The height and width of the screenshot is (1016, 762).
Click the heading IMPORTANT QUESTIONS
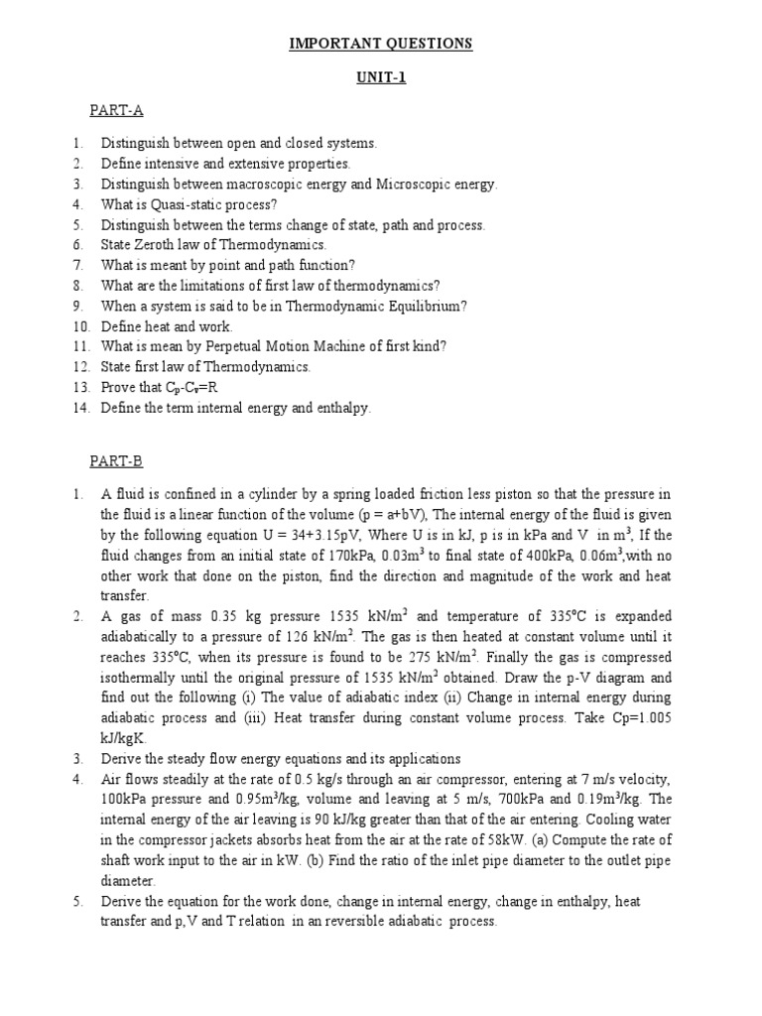381,44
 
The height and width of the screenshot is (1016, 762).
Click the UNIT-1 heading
381,79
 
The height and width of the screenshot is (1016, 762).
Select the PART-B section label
116,460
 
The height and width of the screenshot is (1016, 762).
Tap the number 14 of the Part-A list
80,408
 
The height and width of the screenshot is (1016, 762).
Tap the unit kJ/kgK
125,739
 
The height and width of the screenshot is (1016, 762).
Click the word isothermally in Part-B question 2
145,678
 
